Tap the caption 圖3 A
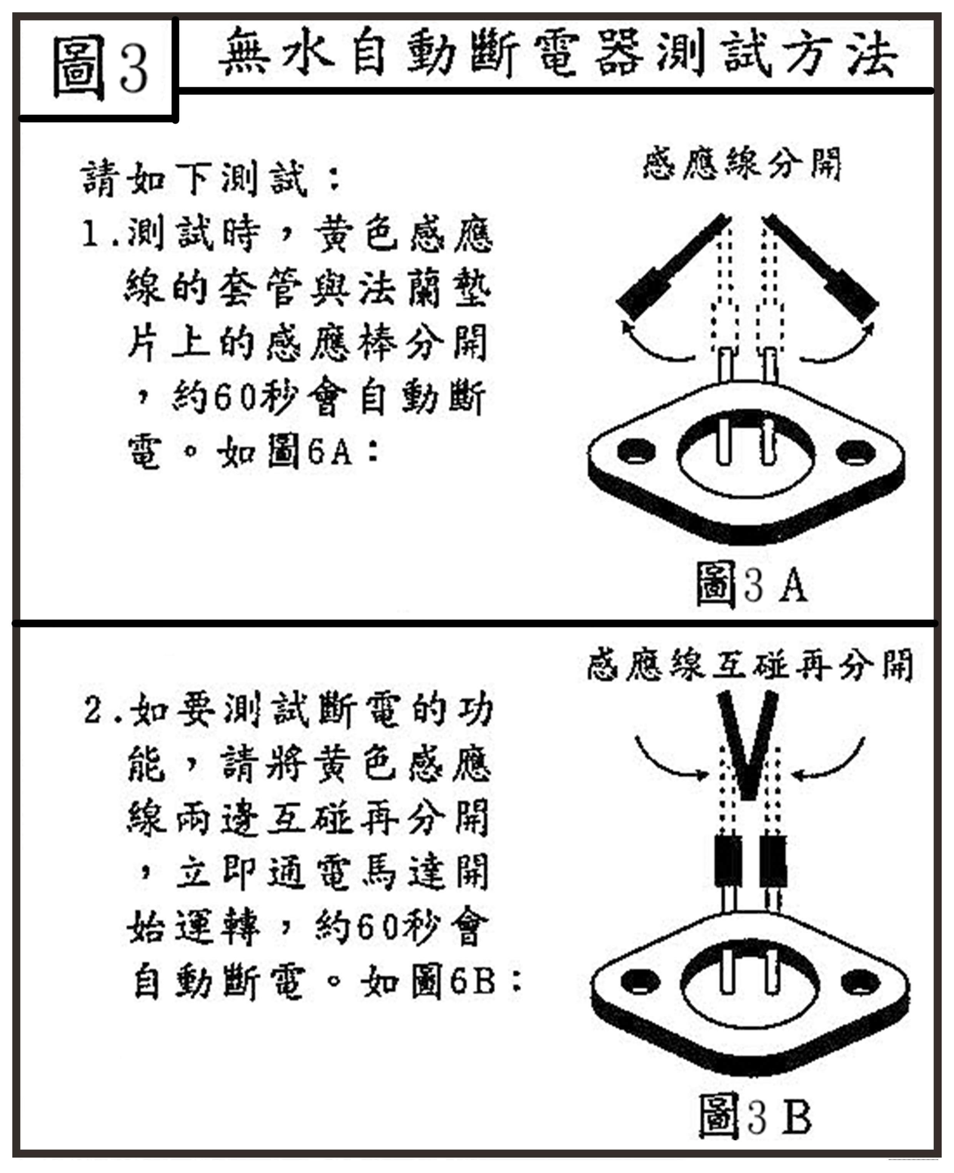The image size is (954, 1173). click(x=751, y=584)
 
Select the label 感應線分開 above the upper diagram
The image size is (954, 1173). click(x=742, y=163)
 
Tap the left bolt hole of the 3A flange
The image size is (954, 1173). click(x=636, y=451)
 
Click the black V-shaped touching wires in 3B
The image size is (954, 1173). click(x=747, y=742)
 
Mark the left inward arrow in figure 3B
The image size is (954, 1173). click(x=670, y=759)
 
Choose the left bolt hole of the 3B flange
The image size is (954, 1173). click(x=640, y=982)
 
